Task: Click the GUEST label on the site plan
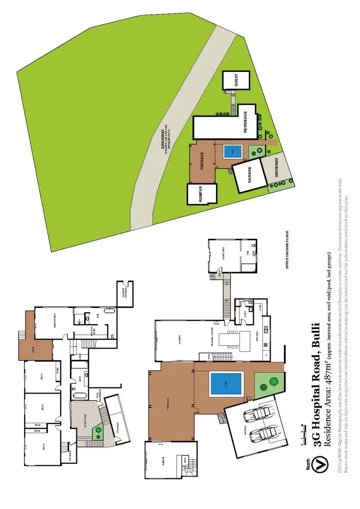(236, 81)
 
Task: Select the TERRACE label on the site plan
(202, 159)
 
